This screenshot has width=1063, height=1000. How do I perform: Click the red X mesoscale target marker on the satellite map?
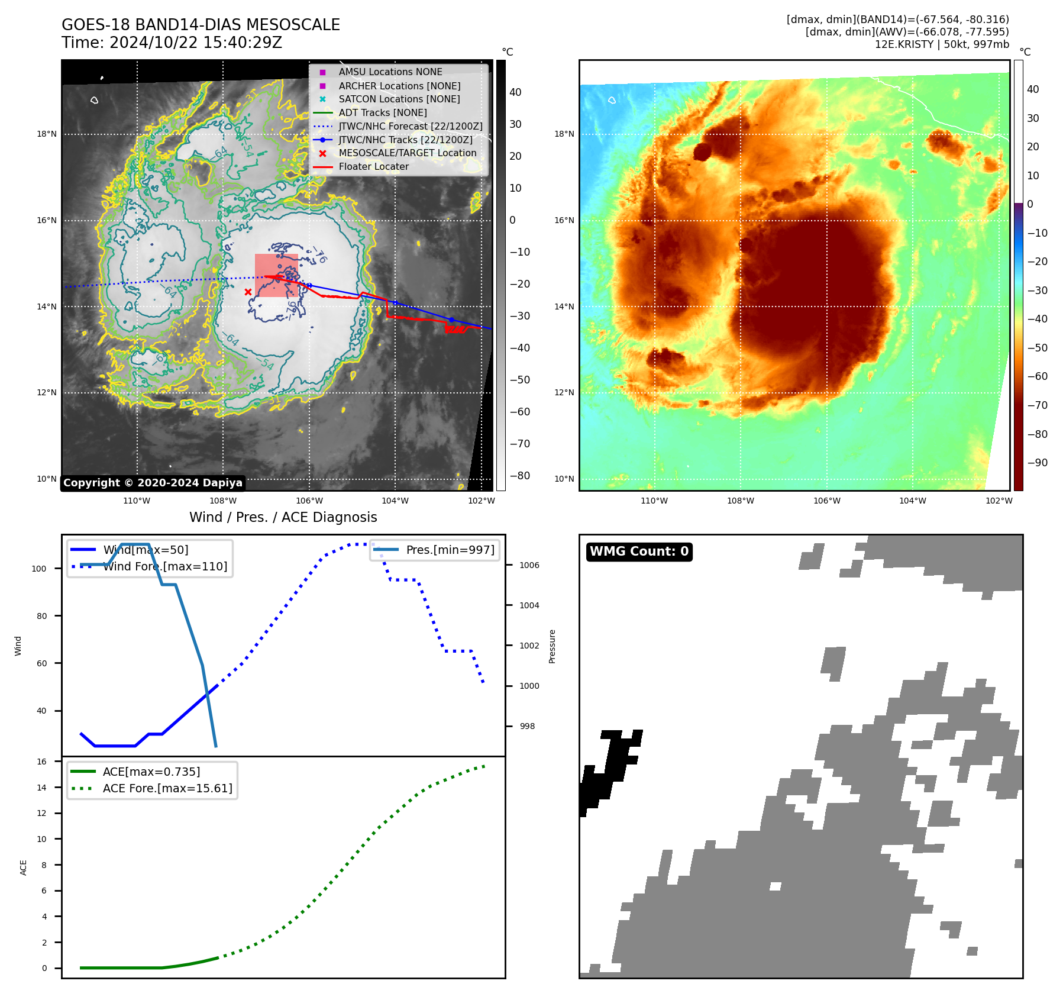click(248, 292)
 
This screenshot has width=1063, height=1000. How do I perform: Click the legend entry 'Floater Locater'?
click(373, 167)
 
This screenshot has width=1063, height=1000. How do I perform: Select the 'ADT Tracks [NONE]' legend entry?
click(382, 112)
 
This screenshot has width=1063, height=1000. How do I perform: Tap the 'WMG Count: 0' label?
click(639, 551)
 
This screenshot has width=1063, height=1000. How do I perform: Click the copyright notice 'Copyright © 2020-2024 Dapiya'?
click(153, 483)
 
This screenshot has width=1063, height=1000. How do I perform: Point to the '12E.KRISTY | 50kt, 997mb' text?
click(942, 44)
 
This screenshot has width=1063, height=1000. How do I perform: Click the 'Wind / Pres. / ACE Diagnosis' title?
click(283, 517)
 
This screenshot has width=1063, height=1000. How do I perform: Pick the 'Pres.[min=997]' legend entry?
click(450, 550)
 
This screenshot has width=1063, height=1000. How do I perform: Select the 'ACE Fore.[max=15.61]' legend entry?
click(167, 788)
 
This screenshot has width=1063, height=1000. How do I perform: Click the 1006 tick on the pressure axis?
click(529, 565)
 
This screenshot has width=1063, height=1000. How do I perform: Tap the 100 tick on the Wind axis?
click(39, 569)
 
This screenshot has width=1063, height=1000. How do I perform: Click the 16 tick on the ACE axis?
click(42, 762)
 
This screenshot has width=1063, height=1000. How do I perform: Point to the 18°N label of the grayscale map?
click(47, 134)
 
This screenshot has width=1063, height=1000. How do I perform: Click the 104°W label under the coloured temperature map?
click(912, 501)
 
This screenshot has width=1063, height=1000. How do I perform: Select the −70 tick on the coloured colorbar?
click(1037, 405)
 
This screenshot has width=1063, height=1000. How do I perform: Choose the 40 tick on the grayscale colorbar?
click(515, 92)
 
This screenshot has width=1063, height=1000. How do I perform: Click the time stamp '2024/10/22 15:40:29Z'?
click(196, 43)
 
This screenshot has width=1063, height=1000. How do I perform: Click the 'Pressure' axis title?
click(552, 646)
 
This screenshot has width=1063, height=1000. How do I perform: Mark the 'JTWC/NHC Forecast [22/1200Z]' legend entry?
click(410, 126)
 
